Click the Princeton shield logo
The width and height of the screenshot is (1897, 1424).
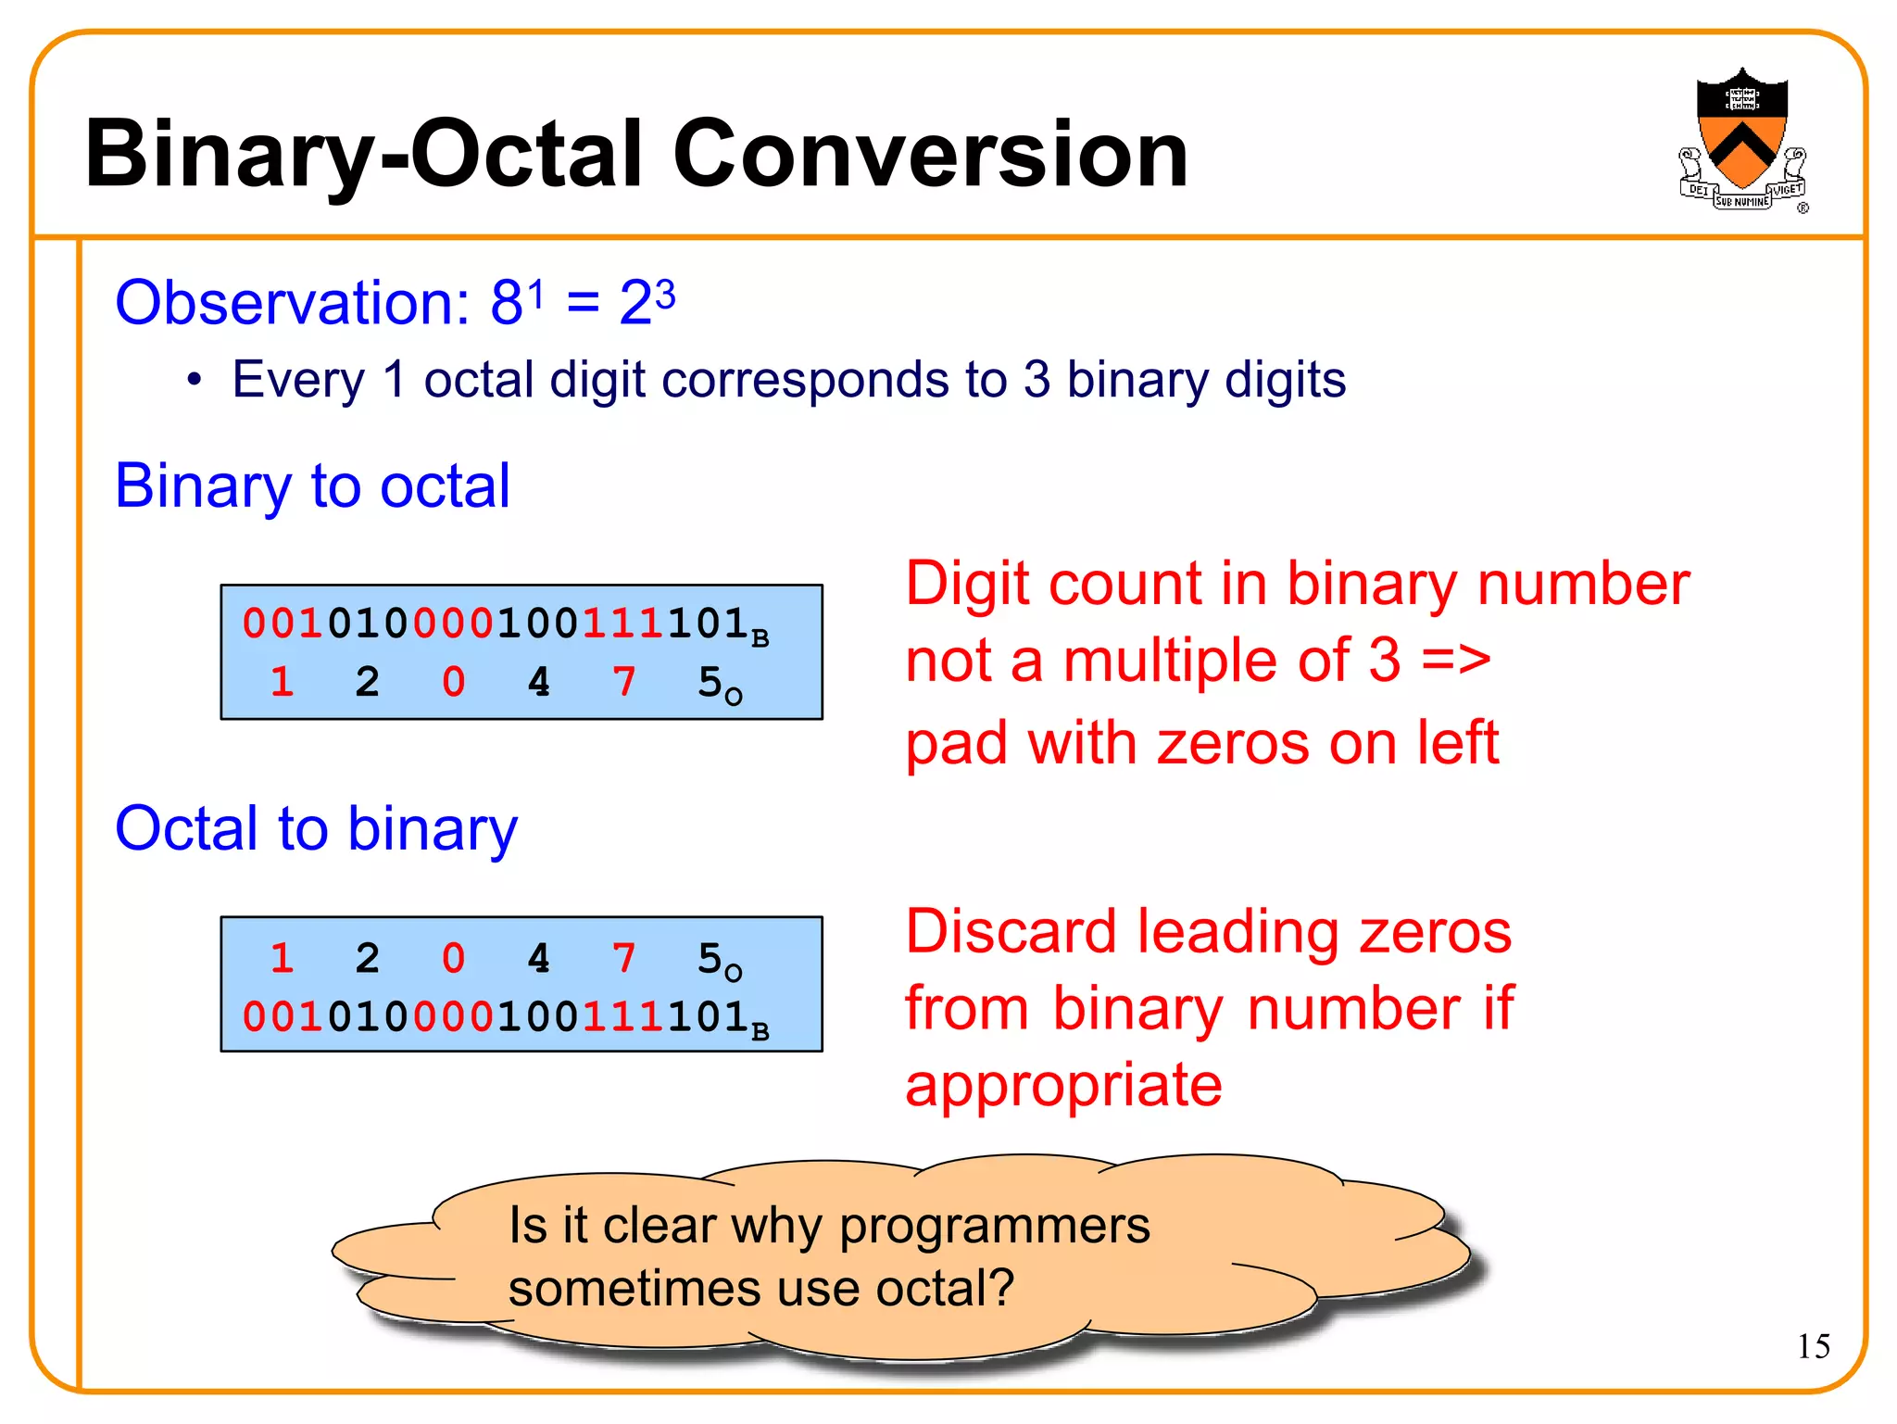[x=1741, y=139]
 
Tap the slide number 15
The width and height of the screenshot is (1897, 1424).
[x=1813, y=1346]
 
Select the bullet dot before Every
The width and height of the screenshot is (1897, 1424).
[x=194, y=381]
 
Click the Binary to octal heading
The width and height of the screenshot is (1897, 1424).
[x=312, y=486]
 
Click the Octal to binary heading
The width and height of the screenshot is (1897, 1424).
[x=316, y=828]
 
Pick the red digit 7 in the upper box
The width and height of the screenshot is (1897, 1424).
[x=624, y=683]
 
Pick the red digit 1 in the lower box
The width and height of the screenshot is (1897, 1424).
[x=283, y=959]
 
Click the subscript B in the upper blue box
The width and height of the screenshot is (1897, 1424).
[x=760, y=639]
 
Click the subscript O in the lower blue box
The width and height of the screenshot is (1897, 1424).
[x=734, y=973]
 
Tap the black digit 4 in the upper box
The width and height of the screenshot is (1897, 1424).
[x=538, y=683]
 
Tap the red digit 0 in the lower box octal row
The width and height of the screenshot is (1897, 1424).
[x=453, y=959]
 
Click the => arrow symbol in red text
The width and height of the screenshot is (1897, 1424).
[x=1455, y=662]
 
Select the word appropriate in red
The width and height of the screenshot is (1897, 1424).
[x=1063, y=1086]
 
